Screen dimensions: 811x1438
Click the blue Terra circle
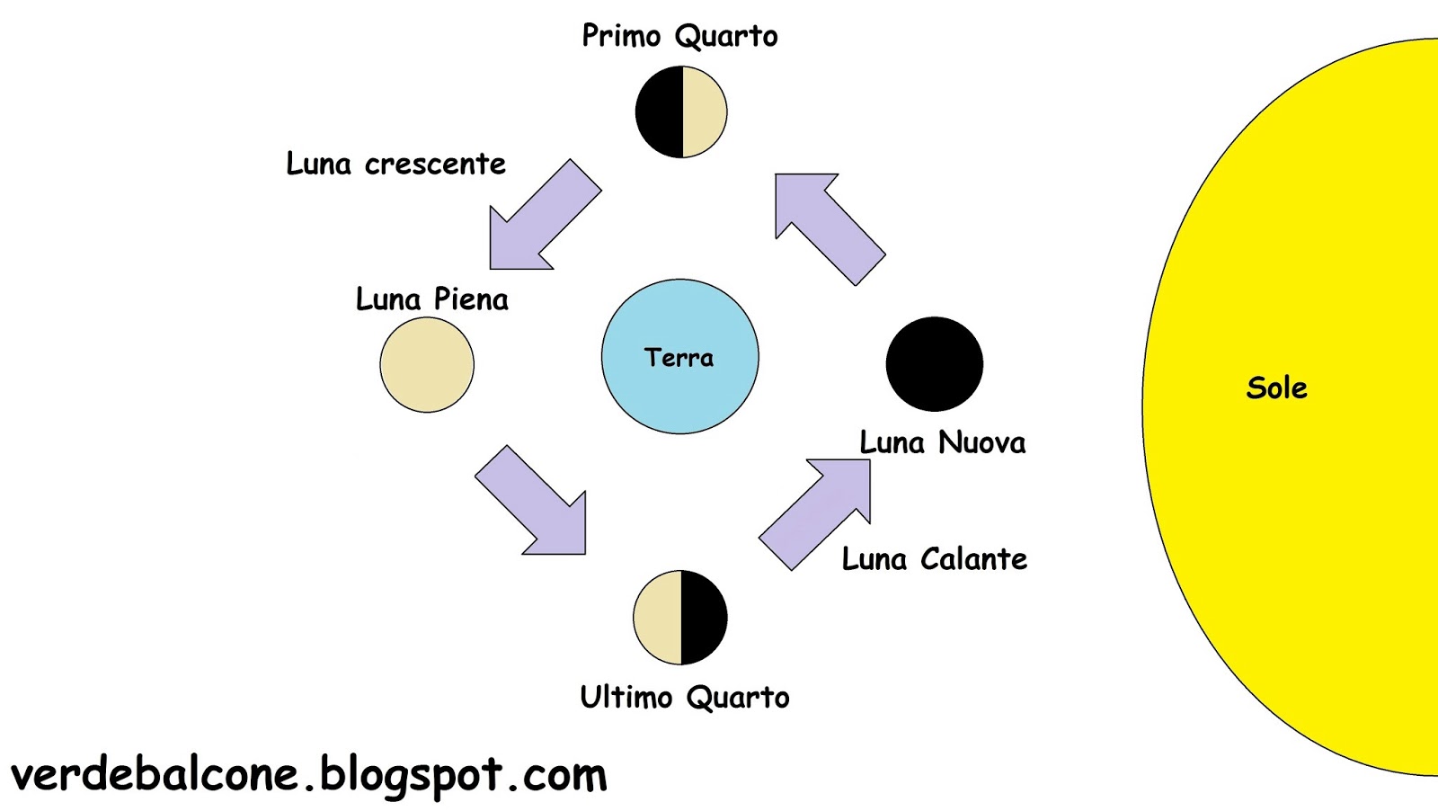(x=679, y=396)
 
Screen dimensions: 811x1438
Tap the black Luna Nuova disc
(x=934, y=363)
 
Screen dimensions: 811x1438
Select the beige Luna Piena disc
(x=427, y=364)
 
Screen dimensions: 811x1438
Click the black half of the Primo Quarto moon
(x=659, y=111)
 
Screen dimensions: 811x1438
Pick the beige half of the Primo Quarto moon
(x=704, y=111)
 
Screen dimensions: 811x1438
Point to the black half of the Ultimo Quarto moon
(x=704, y=618)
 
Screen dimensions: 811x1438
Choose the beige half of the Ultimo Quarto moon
(x=657, y=618)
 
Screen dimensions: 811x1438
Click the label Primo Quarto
(x=679, y=36)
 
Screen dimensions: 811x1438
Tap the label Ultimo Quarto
(x=684, y=697)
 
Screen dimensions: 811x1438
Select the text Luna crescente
(x=395, y=164)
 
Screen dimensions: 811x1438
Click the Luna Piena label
(x=431, y=299)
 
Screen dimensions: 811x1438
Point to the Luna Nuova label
(x=942, y=442)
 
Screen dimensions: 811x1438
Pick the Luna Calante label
(x=934, y=559)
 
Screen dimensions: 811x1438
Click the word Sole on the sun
(x=1276, y=388)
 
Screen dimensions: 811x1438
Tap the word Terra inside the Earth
(x=679, y=358)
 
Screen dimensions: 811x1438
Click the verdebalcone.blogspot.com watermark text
(x=308, y=775)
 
